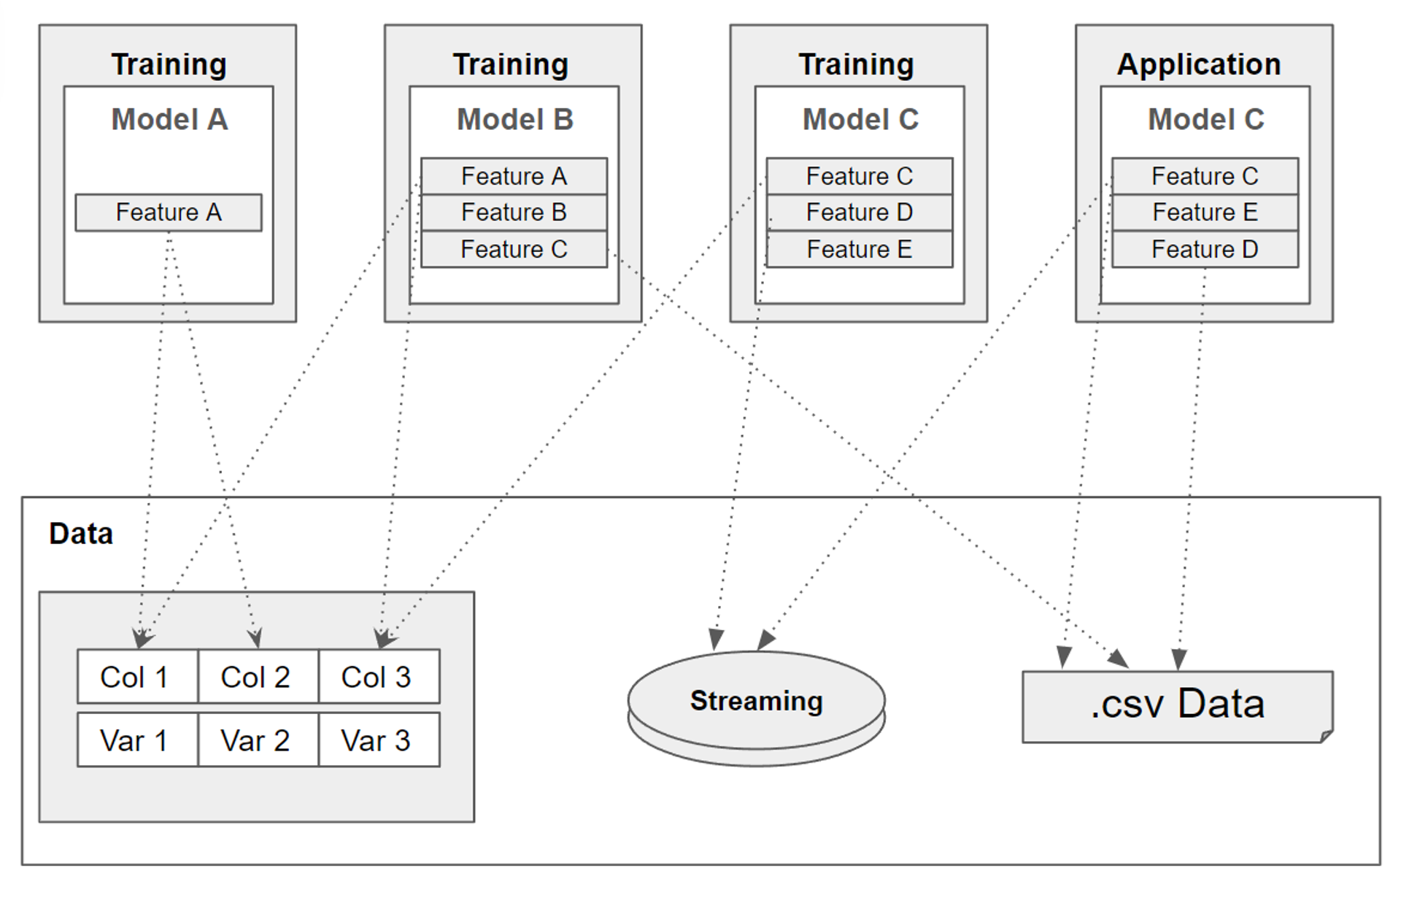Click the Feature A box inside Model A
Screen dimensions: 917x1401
pos(169,212)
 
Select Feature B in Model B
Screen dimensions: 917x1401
pos(514,212)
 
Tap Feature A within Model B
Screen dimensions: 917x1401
pos(514,176)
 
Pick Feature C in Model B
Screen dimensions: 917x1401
pos(514,249)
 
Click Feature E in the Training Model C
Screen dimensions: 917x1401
pos(859,249)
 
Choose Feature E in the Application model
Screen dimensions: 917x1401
pos(1205,212)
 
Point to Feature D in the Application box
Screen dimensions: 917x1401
pos(1205,249)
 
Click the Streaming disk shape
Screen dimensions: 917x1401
pos(756,701)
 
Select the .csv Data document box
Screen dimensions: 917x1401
pos(1176,705)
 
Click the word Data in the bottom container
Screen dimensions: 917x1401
pos(81,534)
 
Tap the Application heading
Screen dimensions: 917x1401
pos(1199,64)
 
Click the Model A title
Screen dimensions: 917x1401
pos(169,119)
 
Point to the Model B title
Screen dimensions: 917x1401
pos(514,119)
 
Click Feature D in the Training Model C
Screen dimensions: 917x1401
pos(859,212)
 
